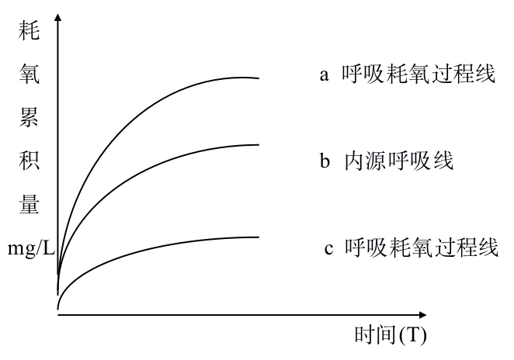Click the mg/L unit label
[30, 250]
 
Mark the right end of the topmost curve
[258, 78]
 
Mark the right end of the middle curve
[258, 145]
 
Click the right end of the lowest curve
[258, 237]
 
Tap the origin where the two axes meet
[58, 314]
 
